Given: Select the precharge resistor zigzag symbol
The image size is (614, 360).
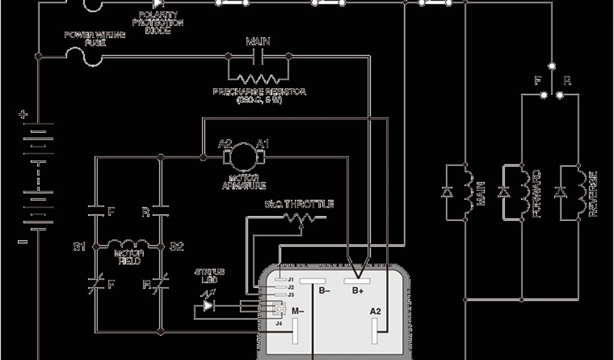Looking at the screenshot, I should click(x=258, y=78).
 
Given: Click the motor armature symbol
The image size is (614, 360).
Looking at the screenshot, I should click(x=244, y=157).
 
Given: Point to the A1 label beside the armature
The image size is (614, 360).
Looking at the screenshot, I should click(x=263, y=143).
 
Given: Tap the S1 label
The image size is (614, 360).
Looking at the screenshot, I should click(x=79, y=246).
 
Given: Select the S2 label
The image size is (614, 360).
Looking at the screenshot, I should click(x=176, y=246).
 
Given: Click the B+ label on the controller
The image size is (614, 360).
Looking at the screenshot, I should click(x=358, y=292).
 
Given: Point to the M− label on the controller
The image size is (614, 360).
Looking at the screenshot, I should click(x=298, y=311).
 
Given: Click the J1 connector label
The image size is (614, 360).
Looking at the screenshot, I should click(x=290, y=280).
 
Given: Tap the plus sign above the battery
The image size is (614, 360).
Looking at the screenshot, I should click(x=23, y=114).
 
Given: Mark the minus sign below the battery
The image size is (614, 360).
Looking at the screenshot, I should click(x=23, y=242).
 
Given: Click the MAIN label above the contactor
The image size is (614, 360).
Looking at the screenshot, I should click(x=258, y=42).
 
